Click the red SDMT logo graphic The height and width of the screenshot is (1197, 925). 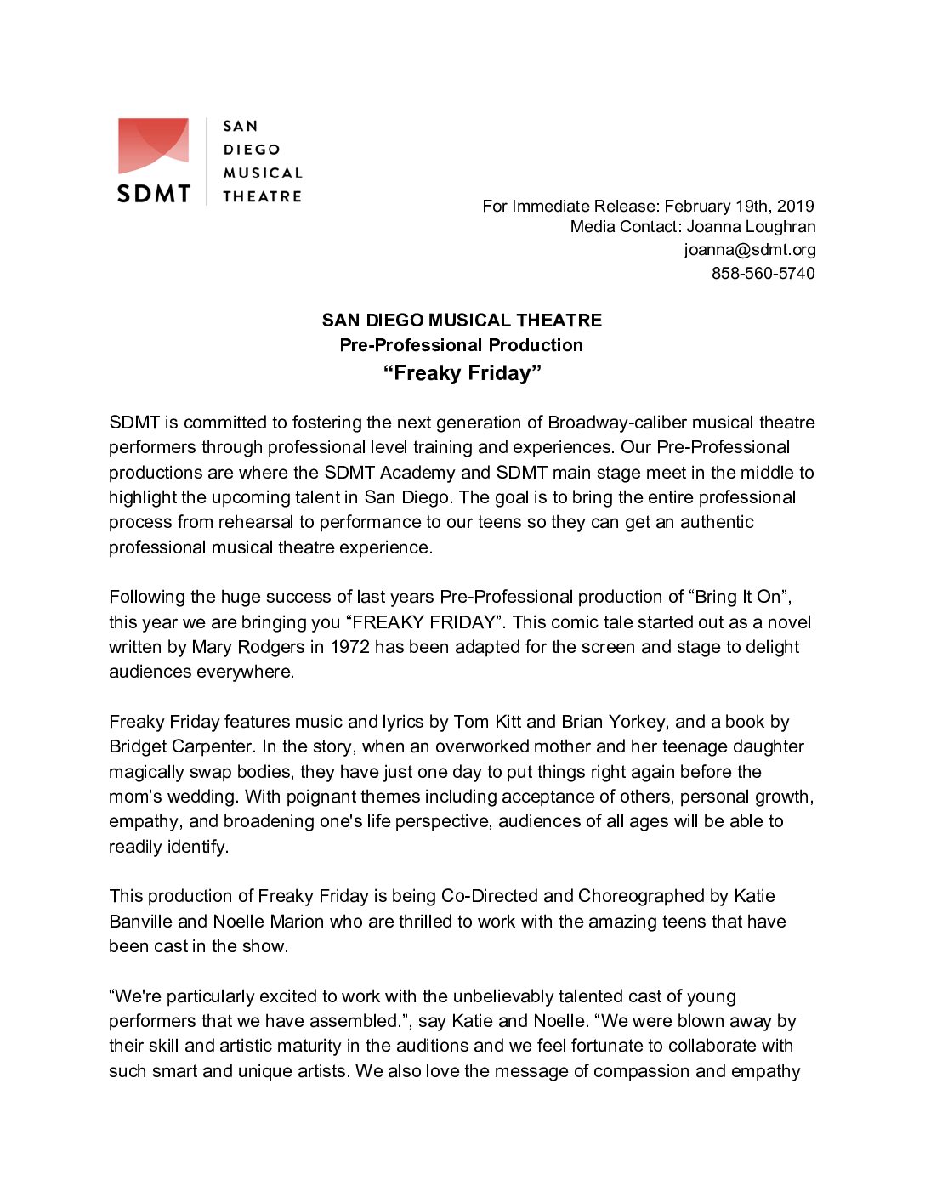[x=153, y=145]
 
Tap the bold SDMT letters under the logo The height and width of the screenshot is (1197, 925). [x=153, y=194]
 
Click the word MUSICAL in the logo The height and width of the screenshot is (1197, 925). [x=262, y=173]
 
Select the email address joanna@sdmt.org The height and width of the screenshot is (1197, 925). [x=749, y=250]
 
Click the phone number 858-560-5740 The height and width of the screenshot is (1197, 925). [x=763, y=273]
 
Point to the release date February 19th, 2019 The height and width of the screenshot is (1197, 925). [x=739, y=206]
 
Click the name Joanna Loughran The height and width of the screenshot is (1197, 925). [x=751, y=227]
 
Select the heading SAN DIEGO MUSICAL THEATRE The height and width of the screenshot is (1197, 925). [x=462, y=321]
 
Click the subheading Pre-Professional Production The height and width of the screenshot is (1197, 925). [x=462, y=345]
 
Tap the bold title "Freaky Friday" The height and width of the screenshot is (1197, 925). [x=462, y=373]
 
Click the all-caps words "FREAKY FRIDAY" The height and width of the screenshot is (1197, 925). [x=424, y=622]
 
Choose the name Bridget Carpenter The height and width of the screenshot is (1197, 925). [x=181, y=746]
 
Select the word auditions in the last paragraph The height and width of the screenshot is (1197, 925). [x=433, y=1046]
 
